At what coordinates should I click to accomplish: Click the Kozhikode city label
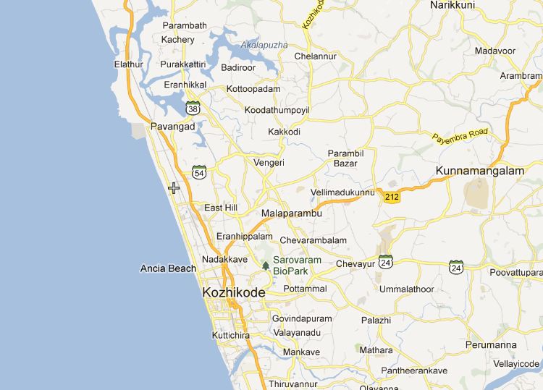click(x=233, y=292)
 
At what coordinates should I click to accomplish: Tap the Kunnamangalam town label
click(x=479, y=171)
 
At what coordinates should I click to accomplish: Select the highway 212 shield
click(x=392, y=197)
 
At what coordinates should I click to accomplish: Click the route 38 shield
click(x=193, y=108)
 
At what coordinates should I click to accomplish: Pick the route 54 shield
click(x=200, y=171)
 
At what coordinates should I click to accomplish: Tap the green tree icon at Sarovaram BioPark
click(x=266, y=266)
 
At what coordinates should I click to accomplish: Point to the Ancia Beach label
click(x=168, y=268)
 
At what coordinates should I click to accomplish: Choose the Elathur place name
click(x=129, y=64)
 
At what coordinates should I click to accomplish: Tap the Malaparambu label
click(x=291, y=214)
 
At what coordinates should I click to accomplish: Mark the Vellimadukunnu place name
click(x=342, y=192)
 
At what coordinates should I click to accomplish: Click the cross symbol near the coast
click(x=174, y=188)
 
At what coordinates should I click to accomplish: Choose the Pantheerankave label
click(x=414, y=370)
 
